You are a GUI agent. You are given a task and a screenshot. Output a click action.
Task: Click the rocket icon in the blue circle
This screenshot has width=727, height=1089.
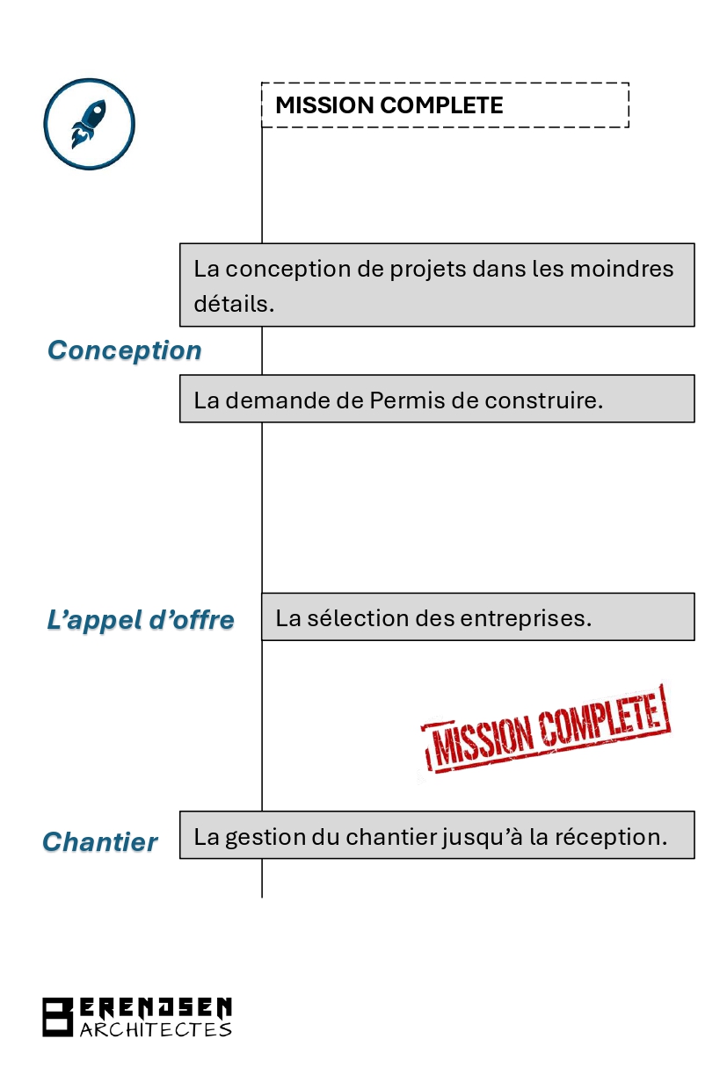[x=89, y=124]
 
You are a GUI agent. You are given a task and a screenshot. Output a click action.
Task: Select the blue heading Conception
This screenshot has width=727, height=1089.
[x=125, y=350]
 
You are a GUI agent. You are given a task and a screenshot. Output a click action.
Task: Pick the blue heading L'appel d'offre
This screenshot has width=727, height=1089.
[x=141, y=620]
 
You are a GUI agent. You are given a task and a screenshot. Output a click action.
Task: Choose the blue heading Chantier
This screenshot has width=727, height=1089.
[x=99, y=842]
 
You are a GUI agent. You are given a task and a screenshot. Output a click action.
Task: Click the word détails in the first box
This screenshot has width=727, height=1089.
[x=234, y=304]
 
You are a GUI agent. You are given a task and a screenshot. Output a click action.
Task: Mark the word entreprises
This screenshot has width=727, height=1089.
[x=526, y=619]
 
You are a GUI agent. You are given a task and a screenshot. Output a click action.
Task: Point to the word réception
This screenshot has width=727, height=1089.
[x=611, y=837]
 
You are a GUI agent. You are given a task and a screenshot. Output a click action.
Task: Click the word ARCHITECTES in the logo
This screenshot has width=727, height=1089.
[x=156, y=1029]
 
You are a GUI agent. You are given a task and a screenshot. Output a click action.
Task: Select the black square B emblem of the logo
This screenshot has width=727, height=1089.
[x=57, y=1017]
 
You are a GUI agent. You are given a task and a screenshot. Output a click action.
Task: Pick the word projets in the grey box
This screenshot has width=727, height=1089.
[x=425, y=270]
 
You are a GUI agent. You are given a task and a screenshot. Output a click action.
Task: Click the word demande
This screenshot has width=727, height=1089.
[x=294, y=400]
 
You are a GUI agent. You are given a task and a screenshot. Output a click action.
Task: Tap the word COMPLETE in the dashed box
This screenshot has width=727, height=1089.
[x=441, y=105]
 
